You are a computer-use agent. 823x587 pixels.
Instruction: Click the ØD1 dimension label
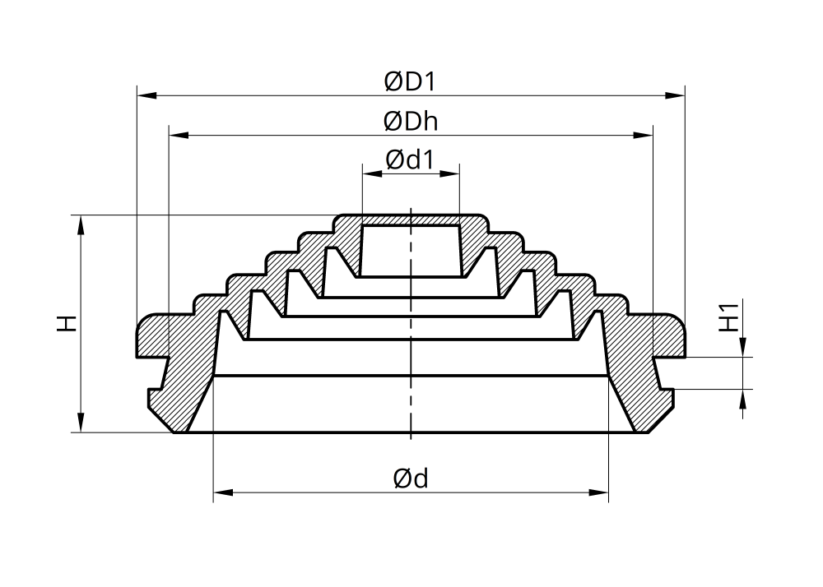410,81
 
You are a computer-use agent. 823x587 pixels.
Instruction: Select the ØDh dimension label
411,122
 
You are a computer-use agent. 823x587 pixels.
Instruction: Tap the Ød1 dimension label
411,159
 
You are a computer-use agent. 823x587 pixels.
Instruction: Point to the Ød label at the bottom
411,478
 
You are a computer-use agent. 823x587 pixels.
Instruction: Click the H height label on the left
67,323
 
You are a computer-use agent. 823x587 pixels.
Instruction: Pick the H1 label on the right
728,317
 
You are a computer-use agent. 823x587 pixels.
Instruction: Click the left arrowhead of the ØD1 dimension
147,95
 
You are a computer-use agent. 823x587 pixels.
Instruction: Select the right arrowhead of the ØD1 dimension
675,95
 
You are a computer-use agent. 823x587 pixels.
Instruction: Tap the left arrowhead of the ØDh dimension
179,135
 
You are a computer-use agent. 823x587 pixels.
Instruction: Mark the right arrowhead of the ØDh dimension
643,135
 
